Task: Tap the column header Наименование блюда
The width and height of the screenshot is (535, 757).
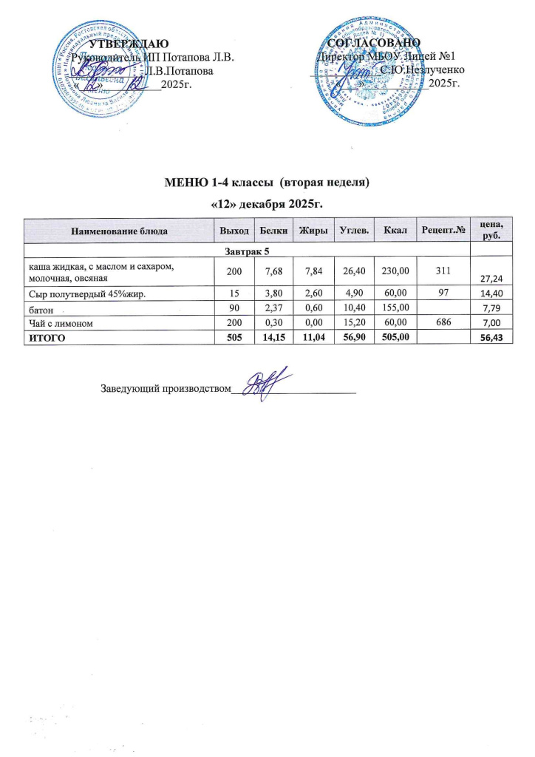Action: pyautogui.click(x=118, y=231)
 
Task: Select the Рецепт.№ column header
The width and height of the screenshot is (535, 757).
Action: pyautogui.click(x=443, y=231)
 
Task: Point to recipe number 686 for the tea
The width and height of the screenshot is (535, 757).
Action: pyautogui.click(x=443, y=325)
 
